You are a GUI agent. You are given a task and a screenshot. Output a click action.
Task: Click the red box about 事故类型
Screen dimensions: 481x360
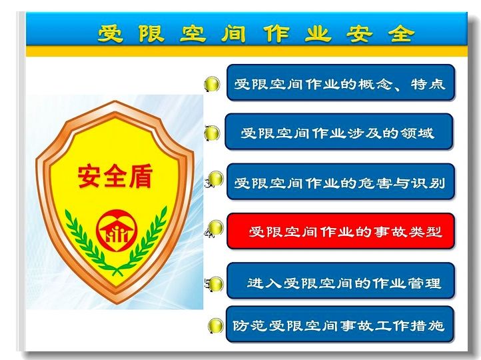340,231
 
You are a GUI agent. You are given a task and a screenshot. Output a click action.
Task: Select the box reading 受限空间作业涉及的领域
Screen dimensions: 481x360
339,131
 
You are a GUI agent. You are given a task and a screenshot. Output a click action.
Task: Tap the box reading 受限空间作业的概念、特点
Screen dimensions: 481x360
340,83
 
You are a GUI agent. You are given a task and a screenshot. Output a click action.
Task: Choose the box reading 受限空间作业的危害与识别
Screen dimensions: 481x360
340,182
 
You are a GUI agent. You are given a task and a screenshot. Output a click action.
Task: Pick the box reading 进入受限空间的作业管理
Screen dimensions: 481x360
340,281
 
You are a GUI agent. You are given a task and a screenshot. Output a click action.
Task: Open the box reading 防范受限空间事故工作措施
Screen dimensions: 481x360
340,324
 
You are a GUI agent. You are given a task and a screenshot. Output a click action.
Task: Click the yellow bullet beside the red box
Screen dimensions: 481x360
216,228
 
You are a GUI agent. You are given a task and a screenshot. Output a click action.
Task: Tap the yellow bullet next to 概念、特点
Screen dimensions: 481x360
213,84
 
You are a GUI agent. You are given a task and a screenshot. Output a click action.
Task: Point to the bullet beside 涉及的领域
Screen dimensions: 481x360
213,133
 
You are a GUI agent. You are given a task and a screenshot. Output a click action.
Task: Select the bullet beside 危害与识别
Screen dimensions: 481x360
216,178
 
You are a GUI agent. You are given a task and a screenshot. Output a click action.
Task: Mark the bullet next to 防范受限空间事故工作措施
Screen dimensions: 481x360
216,325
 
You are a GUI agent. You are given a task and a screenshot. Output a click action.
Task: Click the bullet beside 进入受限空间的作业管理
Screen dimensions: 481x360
216,284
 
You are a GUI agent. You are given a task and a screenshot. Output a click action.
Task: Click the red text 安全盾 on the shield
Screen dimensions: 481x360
115,177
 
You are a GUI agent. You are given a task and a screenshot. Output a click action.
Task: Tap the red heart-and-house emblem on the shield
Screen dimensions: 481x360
117,231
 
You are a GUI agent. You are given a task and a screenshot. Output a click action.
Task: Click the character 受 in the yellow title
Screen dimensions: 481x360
111,33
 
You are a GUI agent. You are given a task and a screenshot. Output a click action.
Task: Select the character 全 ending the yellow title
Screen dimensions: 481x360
401,33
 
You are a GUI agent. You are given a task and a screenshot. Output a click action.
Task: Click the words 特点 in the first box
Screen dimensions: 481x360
428,83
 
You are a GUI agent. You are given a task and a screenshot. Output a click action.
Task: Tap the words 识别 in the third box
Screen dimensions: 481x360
428,183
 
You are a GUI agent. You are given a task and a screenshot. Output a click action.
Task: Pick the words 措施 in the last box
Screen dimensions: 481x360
428,325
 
